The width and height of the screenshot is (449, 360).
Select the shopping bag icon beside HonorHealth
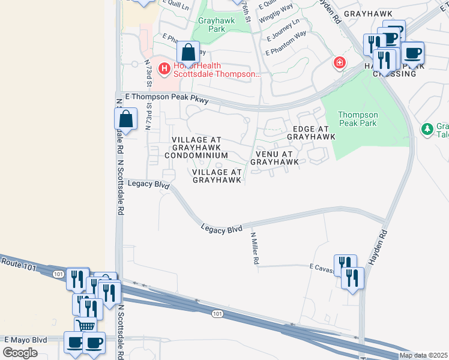[x=188, y=52]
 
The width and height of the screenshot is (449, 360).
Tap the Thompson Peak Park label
[x=358, y=119]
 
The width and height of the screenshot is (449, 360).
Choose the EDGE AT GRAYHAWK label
[x=310, y=133]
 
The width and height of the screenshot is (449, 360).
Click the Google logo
[x=20, y=352]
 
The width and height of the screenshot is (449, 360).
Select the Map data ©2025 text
[x=423, y=355]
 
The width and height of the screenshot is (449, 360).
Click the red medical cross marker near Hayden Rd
[x=339, y=62]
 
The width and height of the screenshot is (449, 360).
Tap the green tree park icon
[x=427, y=128]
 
